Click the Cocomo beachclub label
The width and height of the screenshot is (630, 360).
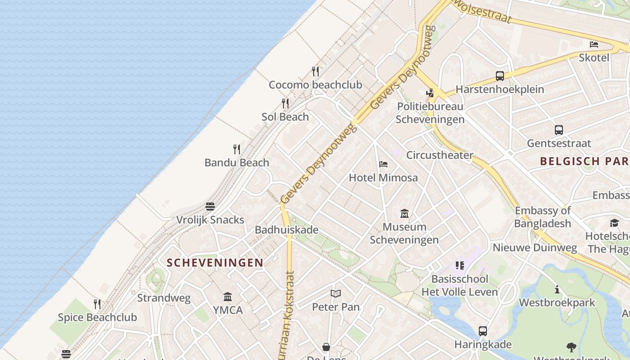[315, 85]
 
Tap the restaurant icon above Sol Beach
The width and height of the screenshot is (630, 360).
[285, 103]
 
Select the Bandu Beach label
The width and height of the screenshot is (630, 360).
[237, 162]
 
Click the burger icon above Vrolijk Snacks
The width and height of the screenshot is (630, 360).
[210, 207]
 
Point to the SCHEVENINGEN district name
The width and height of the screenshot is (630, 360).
[215, 263]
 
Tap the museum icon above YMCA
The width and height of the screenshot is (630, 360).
[228, 297]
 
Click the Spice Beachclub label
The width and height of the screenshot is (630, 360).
[97, 317]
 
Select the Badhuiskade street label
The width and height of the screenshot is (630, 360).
[287, 230]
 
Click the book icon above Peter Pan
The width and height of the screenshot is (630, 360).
[336, 294]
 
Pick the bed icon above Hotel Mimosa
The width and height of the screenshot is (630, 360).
[383, 164]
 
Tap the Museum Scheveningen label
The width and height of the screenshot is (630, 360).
[404, 233]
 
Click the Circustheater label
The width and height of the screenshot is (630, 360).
[440, 155]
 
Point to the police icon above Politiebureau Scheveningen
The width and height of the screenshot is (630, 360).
[430, 93]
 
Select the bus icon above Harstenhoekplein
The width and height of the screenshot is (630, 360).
[500, 76]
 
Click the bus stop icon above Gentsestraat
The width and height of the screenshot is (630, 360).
[559, 130]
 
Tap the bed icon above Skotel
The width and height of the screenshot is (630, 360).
[594, 45]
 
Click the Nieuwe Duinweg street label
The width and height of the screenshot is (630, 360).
[535, 247]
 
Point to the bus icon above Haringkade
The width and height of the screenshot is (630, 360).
[483, 331]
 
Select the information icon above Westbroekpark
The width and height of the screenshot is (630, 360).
[557, 289]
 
